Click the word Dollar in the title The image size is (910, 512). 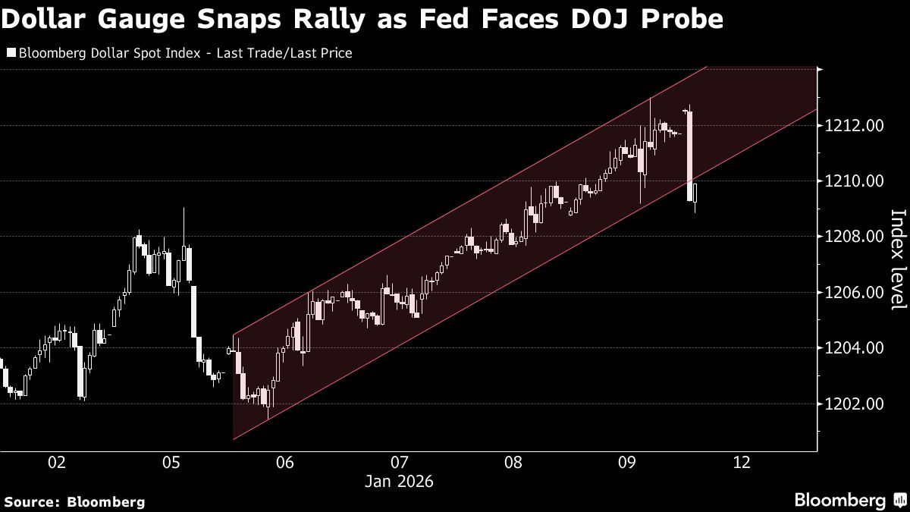51,19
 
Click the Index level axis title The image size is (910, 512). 897,259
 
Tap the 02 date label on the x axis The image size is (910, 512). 57,463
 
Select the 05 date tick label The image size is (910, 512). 171,463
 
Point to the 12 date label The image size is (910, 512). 742,463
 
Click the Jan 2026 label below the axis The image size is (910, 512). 400,481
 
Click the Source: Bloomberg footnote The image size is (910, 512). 74,501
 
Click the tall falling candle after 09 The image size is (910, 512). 690,155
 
